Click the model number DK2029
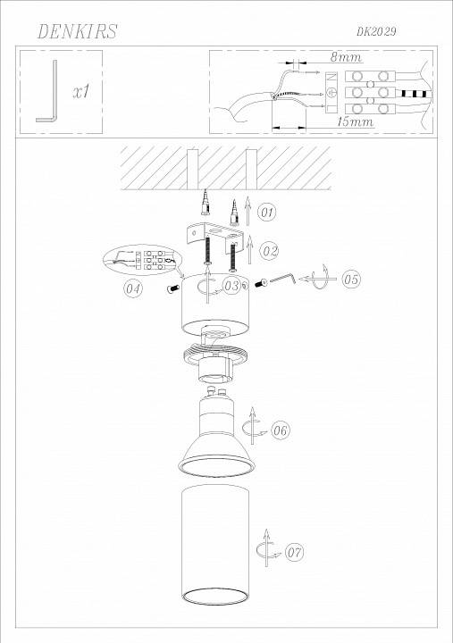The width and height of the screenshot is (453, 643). [x=375, y=31]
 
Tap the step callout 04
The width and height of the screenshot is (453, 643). [x=133, y=289]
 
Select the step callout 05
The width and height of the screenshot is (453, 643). [x=350, y=280]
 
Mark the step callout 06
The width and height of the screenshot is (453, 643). [x=281, y=430]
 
